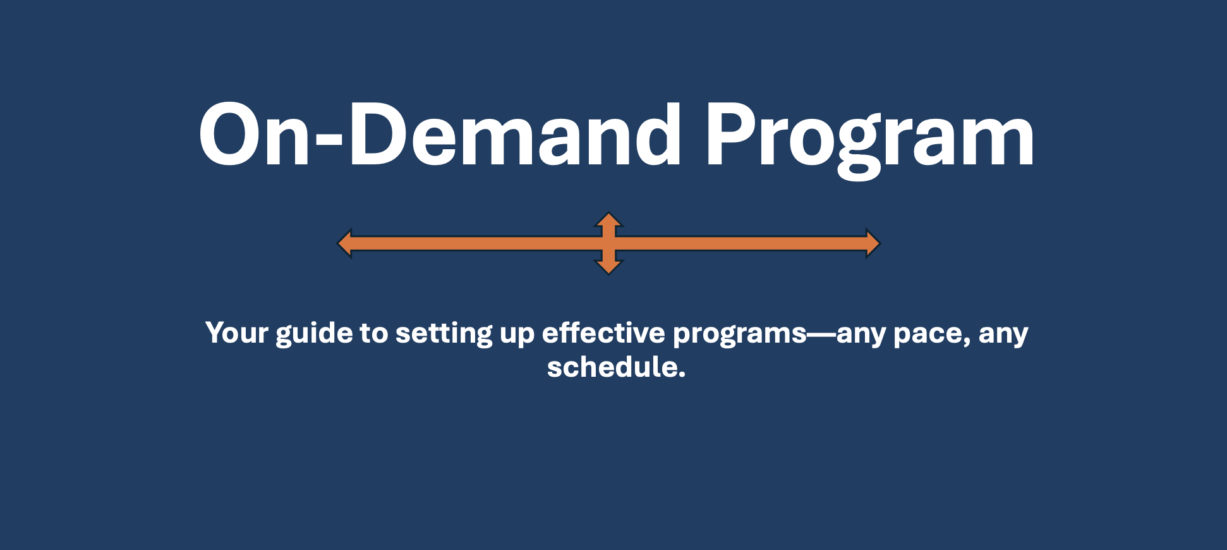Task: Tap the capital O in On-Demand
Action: click(231, 134)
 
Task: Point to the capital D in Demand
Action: click(378, 134)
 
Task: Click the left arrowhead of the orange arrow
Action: click(344, 243)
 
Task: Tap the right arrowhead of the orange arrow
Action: click(873, 243)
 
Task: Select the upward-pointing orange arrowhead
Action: click(608, 220)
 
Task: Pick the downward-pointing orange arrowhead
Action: click(608, 267)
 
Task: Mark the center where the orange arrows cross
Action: click(608, 243)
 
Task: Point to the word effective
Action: click(603, 333)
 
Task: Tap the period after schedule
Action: click(682, 375)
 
